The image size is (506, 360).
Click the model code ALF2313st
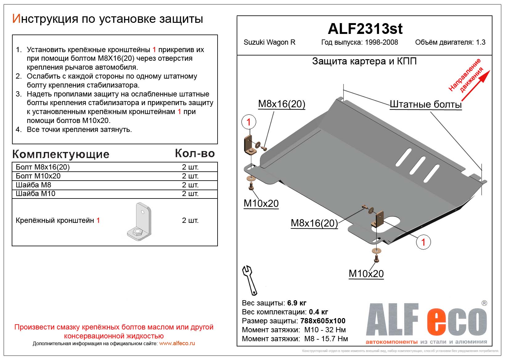(365, 29)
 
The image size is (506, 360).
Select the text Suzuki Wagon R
(269, 43)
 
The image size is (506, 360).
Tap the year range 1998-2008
(381, 43)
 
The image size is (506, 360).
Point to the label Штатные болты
(426, 104)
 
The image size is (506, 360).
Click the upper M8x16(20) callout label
(281, 104)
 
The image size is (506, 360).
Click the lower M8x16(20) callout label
(314, 223)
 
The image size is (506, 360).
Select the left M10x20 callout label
(261, 203)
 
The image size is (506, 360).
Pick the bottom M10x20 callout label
(366, 273)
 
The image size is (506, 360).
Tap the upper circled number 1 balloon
(249, 122)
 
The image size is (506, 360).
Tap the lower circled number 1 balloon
(423, 242)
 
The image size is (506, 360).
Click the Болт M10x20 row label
(38, 176)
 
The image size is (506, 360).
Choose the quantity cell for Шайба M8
(190, 185)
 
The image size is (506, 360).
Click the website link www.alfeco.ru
(177, 343)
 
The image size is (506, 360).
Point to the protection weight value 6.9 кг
(296, 303)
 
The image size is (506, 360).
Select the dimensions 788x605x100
(323, 321)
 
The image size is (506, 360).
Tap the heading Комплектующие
(61, 154)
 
